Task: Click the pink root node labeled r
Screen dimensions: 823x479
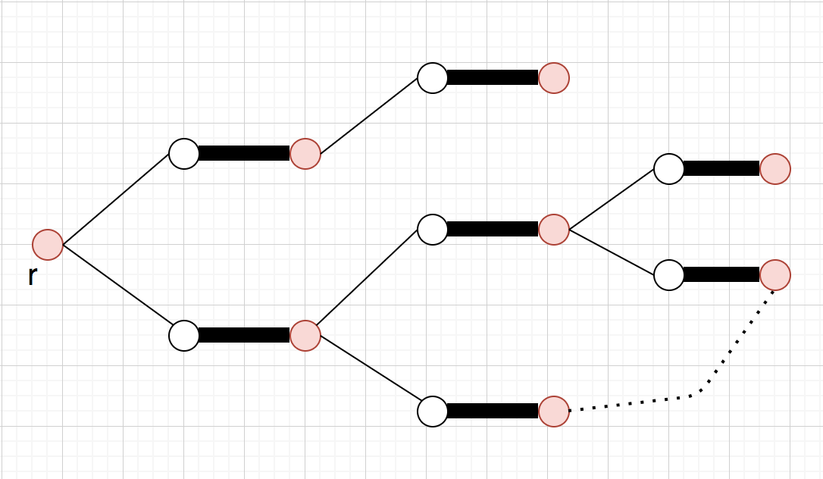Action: point(48,245)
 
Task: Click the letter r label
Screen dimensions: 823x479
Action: point(32,276)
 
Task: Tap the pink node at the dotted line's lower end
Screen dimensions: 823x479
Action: point(554,412)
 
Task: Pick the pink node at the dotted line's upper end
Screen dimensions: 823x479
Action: point(775,274)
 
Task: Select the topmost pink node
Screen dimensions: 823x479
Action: point(554,78)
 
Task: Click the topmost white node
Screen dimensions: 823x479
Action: point(433,78)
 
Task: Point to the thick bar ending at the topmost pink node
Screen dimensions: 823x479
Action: point(493,77)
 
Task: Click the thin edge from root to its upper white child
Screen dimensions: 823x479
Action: point(116,199)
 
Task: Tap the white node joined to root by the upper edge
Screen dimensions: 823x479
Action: point(184,154)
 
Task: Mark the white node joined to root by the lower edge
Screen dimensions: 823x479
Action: point(184,336)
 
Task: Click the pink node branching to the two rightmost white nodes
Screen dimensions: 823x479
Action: point(554,230)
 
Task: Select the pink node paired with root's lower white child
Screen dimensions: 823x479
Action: point(305,336)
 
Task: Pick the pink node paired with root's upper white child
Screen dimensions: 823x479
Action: point(305,154)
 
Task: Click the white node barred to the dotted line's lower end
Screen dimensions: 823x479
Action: point(433,412)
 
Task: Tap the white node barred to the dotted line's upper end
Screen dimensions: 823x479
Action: point(669,274)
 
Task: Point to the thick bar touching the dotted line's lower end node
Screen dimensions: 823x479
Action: point(493,411)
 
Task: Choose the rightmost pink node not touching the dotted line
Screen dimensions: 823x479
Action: point(775,169)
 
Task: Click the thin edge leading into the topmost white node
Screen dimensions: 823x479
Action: point(369,116)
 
